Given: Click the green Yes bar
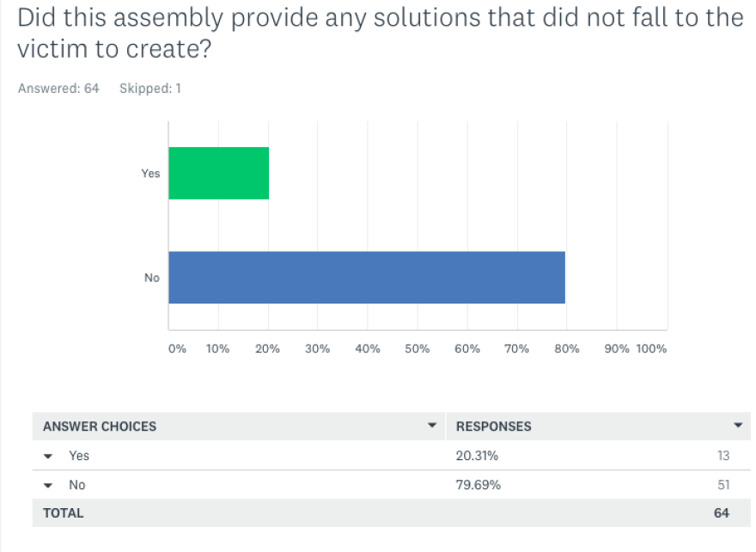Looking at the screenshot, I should pyautogui.click(x=218, y=173).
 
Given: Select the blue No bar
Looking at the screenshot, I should pyautogui.click(x=366, y=277).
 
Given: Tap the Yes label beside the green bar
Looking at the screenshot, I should pyautogui.click(x=150, y=174).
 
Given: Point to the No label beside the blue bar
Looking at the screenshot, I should pyautogui.click(x=152, y=278).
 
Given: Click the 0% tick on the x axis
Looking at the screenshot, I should pyautogui.click(x=176, y=349).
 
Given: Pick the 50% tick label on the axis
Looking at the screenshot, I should pyautogui.click(x=418, y=349).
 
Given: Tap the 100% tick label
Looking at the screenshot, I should pyautogui.click(x=652, y=349).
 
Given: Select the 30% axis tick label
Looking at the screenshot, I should pyautogui.click(x=318, y=349).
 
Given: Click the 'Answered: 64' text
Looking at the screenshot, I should pyautogui.click(x=58, y=89).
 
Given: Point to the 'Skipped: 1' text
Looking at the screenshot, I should pyautogui.click(x=149, y=89).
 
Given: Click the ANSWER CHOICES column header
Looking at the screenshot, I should pyautogui.click(x=100, y=426).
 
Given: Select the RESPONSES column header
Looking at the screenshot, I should pyautogui.click(x=493, y=426).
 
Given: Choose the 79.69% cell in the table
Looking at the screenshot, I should pyautogui.click(x=479, y=485).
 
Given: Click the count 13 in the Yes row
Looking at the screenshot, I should pyautogui.click(x=723, y=456).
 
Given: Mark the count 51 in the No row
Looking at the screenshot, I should pyautogui.click(x=723, y=485).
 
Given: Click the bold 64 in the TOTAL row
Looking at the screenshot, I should pyautogui.click(x=722, y=513).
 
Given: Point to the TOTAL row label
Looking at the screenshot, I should pyautogui.click(x=64, y=513).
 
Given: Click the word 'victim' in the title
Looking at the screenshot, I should pyautogui.click(x=43, y=49).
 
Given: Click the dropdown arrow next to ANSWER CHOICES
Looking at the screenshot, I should pyautogui.click(x=431, y=426).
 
